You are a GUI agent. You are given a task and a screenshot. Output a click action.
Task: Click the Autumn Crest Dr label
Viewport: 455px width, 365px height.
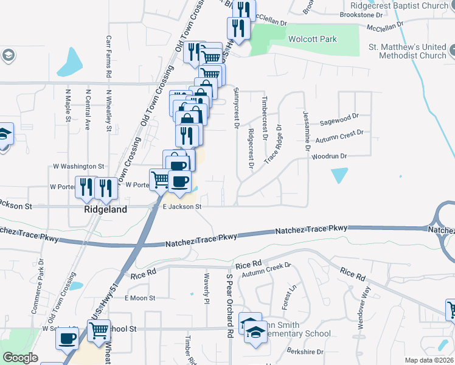342,134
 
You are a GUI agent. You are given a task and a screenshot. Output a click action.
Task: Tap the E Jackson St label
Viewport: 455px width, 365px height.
181,207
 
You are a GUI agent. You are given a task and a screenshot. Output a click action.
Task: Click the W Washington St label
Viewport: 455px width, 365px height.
79,165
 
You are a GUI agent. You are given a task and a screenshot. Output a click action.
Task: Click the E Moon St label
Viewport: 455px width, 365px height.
141,298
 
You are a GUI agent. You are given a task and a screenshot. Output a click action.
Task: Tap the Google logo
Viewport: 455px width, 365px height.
20,358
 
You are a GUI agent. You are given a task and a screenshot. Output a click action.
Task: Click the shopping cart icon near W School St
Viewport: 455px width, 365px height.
99,332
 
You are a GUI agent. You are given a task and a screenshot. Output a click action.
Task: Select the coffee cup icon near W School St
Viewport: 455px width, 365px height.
67,338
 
